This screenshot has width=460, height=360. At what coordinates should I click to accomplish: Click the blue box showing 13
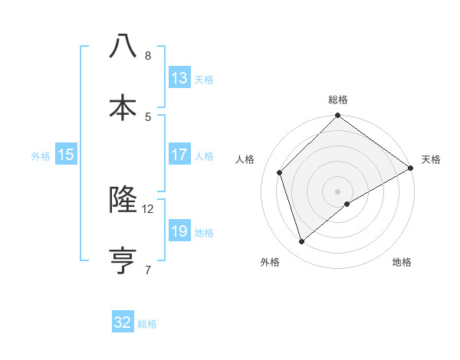point(179,78)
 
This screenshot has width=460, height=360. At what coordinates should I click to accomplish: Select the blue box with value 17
point(179,155)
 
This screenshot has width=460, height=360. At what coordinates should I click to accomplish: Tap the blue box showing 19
point(179,231)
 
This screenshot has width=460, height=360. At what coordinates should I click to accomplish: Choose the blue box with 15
point(66,155)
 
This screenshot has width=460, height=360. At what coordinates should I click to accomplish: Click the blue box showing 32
point(123,322)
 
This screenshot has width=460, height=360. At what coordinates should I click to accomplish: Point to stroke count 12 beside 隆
point(148,208)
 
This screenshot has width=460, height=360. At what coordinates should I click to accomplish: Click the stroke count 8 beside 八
point(148,55)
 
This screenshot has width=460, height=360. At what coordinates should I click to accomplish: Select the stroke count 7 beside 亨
point(148,270)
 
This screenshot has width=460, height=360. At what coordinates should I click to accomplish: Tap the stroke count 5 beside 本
point(148,116)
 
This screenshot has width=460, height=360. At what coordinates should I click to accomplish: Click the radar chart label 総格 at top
point(338,100)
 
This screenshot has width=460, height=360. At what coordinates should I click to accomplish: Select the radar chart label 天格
point(431,159)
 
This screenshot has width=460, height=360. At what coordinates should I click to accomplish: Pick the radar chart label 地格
point(402,262)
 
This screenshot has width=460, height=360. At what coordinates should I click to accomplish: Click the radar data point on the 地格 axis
point(348,204)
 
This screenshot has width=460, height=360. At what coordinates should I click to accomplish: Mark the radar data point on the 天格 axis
point(410,168)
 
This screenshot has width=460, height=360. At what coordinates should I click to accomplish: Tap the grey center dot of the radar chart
point(338,191)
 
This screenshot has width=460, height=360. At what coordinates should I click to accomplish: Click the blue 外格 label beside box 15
point(41,156)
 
